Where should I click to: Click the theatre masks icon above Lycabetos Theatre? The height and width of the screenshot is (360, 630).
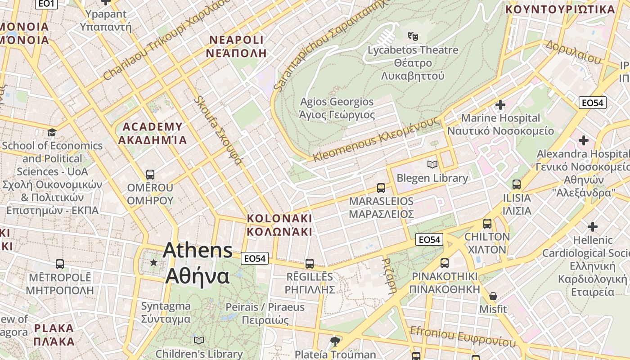pyautogui.click(x=413, y=36)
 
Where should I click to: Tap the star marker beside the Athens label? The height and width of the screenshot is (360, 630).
pyautogui.click(x=154, y=262)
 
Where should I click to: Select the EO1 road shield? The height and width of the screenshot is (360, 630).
pyautogui.click(x=46, y=4)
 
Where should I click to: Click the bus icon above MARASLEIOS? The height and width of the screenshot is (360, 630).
pyautogui.click(x=381, y=188)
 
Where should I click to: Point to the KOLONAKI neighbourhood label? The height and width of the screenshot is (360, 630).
pyautogui.click(x=279, y=225)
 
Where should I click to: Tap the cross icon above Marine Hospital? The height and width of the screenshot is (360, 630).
pyautogui.click(x=500, y=105)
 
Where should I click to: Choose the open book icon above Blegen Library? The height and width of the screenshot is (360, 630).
pyautogui.click(x=432, y=165)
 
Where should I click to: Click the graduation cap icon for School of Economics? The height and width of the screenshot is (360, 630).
pyautogui.click(x=52, y=132)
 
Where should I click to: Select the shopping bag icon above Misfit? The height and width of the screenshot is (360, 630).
pyautogui.click(x=493, y=296)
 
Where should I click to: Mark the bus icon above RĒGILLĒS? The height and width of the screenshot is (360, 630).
pyautogui.click(x=310, y=264)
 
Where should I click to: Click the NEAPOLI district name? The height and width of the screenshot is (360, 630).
pyautogui.click(x=236, y=46)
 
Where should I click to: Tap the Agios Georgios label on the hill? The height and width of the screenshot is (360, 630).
pyautogui.click(x=337, y=108)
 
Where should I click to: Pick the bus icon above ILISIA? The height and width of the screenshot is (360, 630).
pyautogui.click(x=516, y=184)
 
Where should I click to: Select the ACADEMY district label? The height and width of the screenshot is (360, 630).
pyautogui.click(x=153, y=133)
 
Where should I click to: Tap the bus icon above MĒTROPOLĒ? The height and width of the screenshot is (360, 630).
pyautogui.click(x=59, y=264)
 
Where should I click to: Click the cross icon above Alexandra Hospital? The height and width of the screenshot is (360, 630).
pyautogui.click(x=583, y=140)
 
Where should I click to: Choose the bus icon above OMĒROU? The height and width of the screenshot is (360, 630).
pyautogui.click(x=150, y=174)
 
